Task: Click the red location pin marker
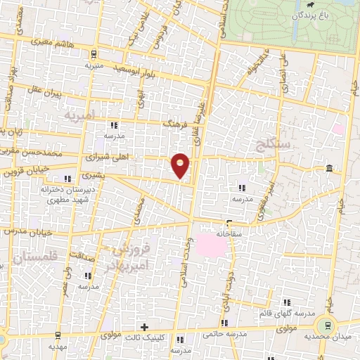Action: [181, 165]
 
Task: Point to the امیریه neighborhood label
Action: [77, 113]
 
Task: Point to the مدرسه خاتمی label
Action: [222, 335]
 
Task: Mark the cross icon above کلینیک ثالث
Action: [145, 327]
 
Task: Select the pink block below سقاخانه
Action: [208, 245]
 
